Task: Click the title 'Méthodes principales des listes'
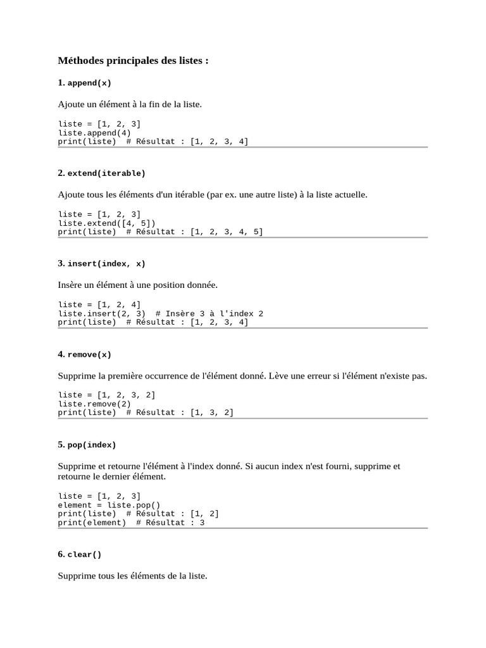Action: (x=133, y=61)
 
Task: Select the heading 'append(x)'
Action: (x=89, y=83)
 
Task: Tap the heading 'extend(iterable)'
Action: (x=106, y=173)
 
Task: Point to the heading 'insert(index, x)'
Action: (x=106, y=264)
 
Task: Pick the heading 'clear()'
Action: (x=84, y=554)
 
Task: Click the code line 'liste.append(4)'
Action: (x=94, y=133)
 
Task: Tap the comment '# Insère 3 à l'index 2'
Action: (x=209, y=313)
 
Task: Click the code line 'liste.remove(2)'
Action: (x=94, y=404)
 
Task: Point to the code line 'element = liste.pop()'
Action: (x=109, y=505)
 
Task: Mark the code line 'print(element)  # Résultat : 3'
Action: (x=131, y=523)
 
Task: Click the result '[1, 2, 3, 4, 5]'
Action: (x=226, y=232)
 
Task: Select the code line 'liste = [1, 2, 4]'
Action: (x=99, y=304)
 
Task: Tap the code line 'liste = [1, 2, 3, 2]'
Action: (x=106, y=395)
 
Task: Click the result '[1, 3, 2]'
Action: (x=211, y=413)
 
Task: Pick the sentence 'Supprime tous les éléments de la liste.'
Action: (x=132, y=576)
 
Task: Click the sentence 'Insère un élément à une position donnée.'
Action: (x=137, y=285)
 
